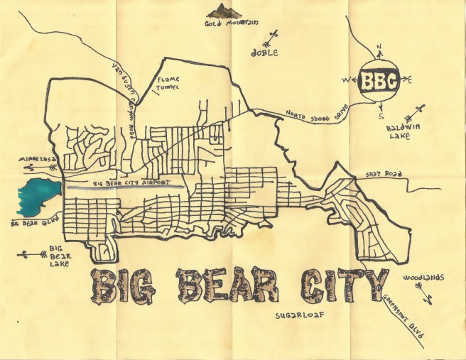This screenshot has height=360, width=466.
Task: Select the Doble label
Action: (264, 53)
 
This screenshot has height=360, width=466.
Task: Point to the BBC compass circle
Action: (378, 81)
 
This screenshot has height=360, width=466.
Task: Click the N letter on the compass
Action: (379, 48)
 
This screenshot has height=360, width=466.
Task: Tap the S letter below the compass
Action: (381, 115)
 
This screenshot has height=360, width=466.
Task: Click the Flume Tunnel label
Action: (170, 84)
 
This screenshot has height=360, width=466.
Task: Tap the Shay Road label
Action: (383, 173)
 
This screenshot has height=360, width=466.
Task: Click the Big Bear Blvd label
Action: (28, 224)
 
